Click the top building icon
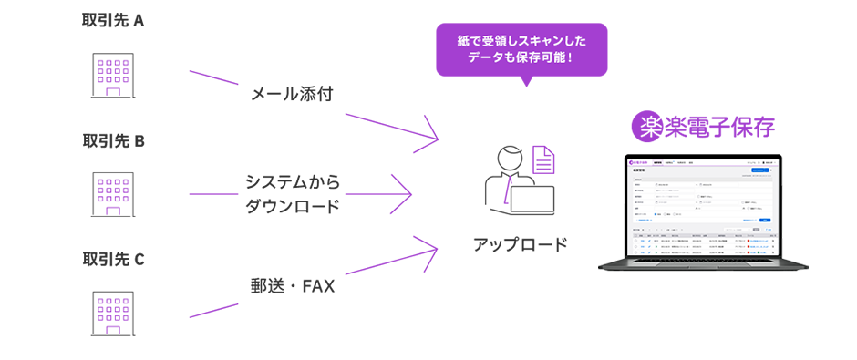tap(115, 73)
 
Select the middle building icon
tap(115, 192)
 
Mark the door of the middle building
tap(115, 211)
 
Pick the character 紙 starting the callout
tap(463, 41)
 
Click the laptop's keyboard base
tap(703, 268)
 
